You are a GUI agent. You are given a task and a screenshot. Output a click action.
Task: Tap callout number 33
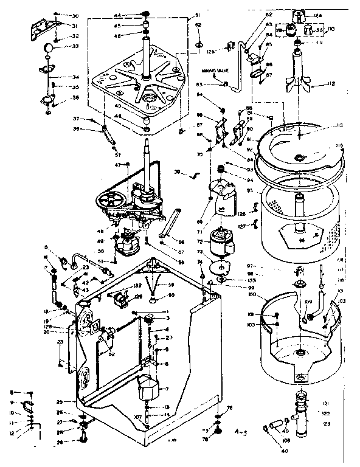pyautogui.click(x=75, y=46)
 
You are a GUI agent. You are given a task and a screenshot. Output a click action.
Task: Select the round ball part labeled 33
pyautogui.click(x=49, y=49)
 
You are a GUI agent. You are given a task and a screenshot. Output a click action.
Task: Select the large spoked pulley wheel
pyautogui.click(x=112, y=199)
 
